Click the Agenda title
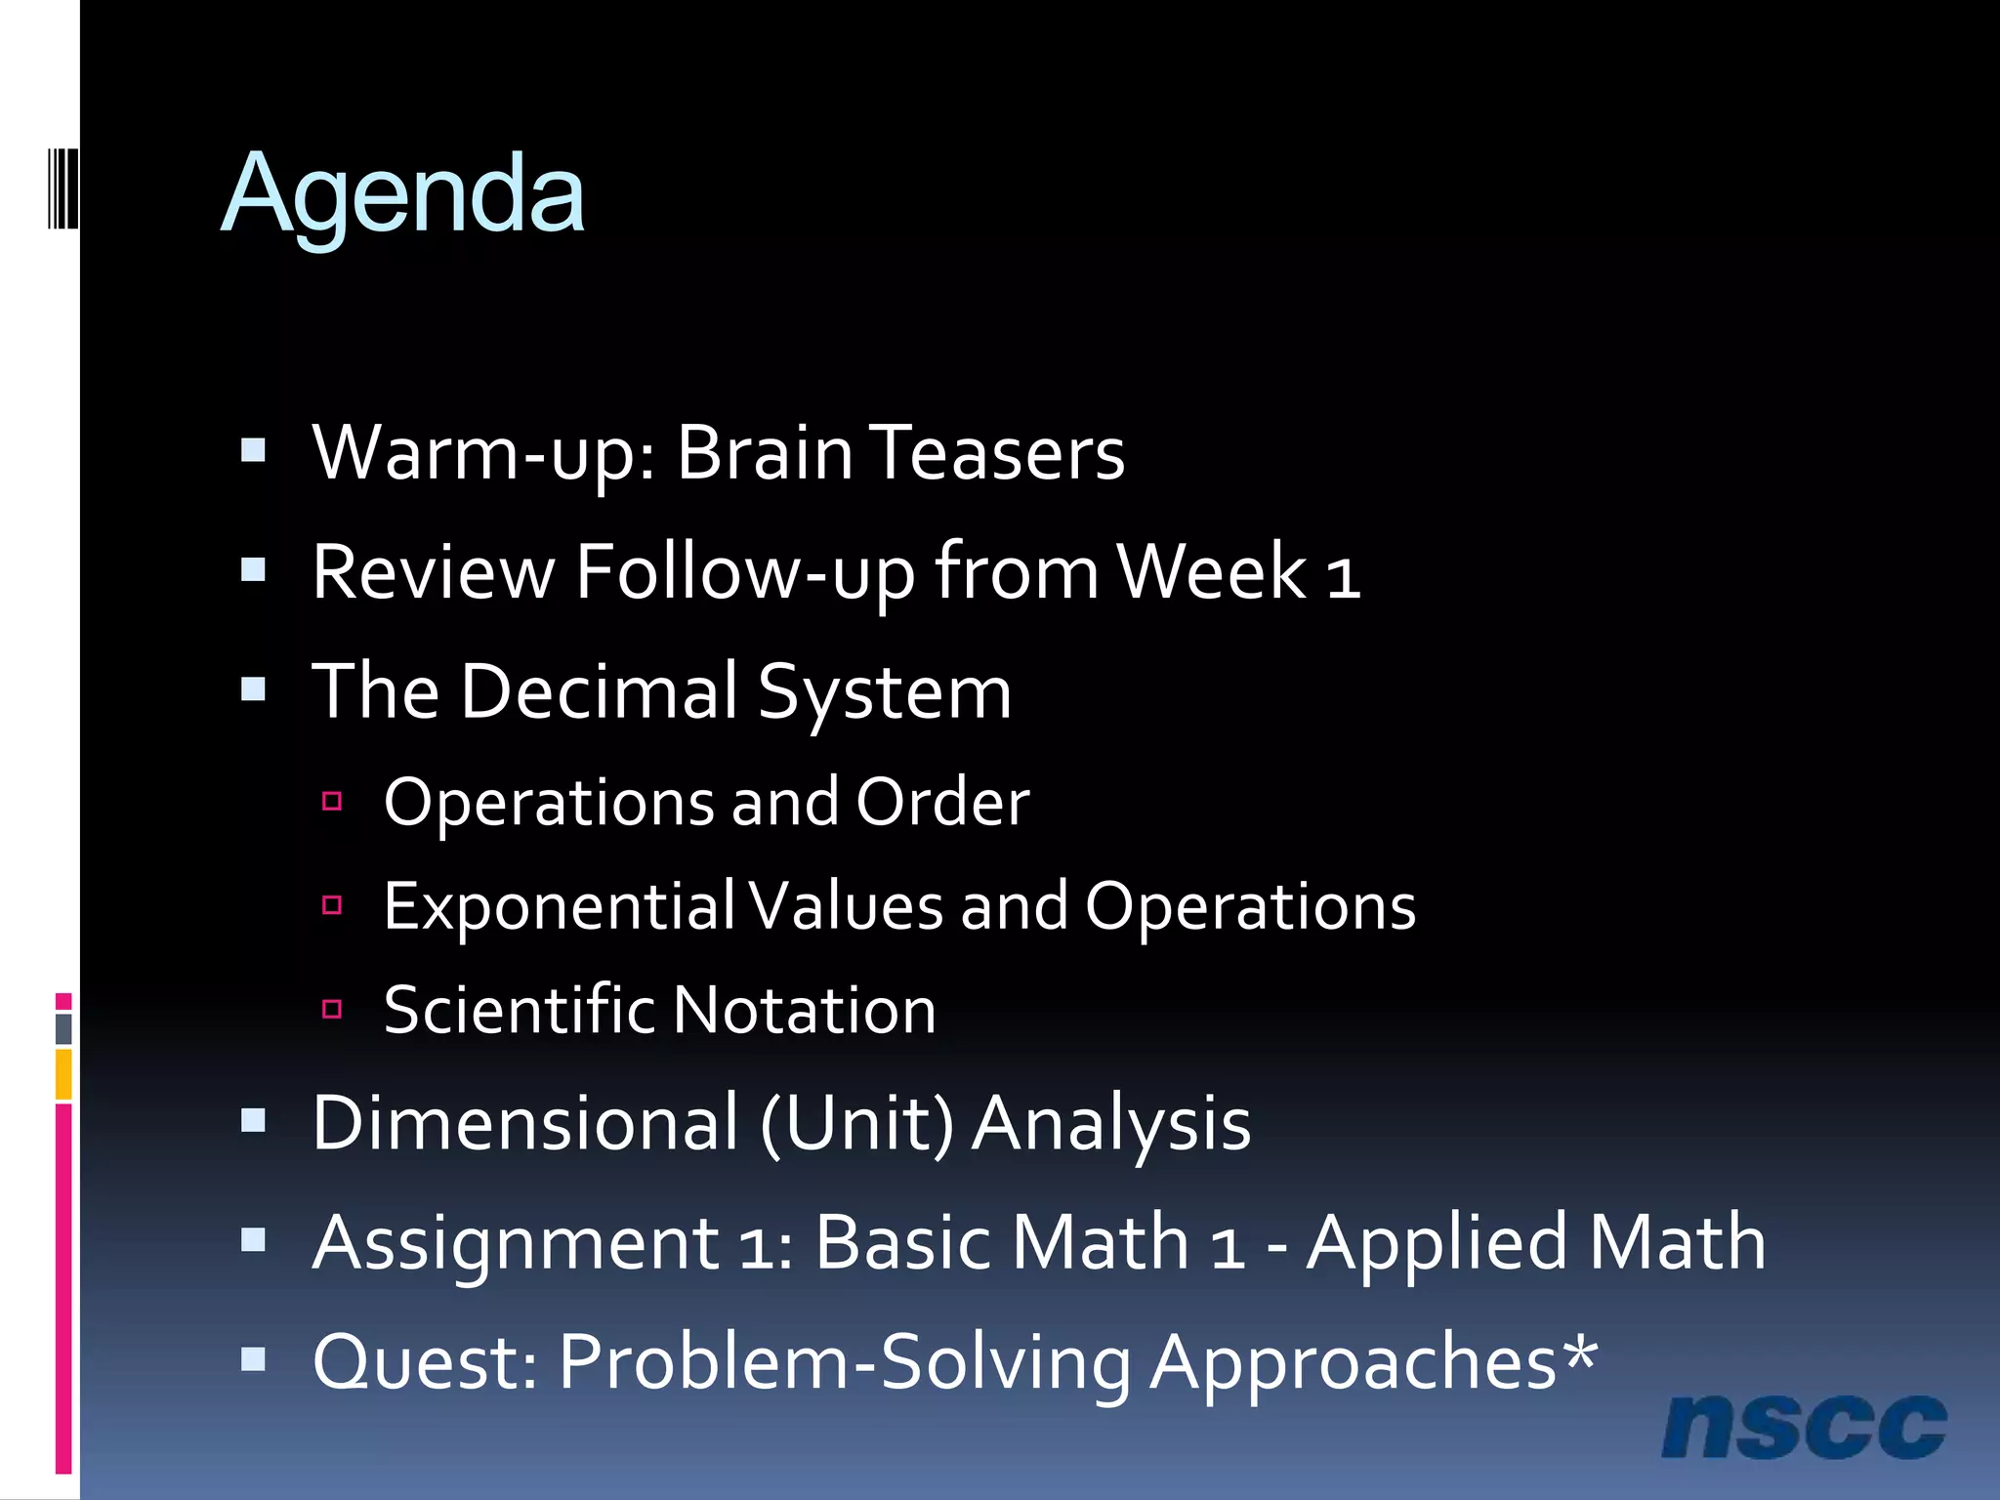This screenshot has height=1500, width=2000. [402, 195]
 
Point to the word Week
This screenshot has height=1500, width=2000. [1211, 573]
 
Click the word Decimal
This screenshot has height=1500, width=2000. [599, 692]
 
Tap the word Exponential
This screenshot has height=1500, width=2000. [559, 907]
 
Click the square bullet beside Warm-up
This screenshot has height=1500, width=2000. [254, 450]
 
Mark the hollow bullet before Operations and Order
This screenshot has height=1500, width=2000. [332, 802]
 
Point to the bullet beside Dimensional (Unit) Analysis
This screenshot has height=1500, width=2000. [254, 1120]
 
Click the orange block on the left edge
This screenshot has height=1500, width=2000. [63, 1074]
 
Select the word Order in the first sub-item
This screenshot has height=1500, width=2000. [942, 804]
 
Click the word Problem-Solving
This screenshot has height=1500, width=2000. [845, 1363]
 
